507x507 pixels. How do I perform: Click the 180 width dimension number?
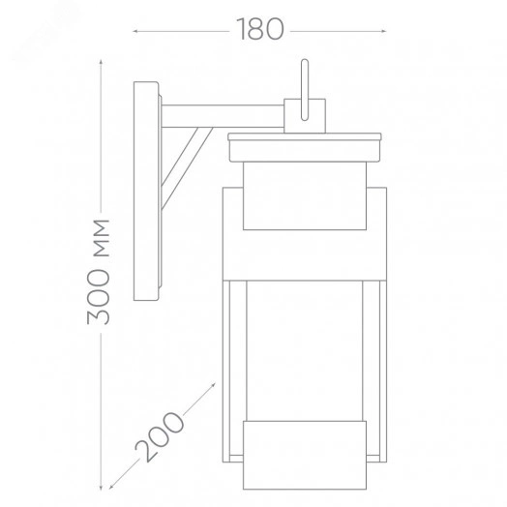pos(260,29)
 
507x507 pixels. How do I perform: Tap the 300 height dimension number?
pos(99,296)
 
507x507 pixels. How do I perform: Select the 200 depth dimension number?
pos(160,436)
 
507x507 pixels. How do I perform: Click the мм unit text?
pos(102,238)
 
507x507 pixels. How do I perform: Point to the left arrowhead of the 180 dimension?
pos(135,31)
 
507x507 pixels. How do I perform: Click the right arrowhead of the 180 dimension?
pos(384,31)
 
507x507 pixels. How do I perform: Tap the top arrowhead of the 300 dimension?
pos(101,62)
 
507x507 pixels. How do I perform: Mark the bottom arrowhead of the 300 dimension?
pos(101,488)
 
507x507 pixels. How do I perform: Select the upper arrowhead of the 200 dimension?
pos(213,385)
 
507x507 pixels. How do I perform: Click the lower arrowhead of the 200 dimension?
pos(111,487)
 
